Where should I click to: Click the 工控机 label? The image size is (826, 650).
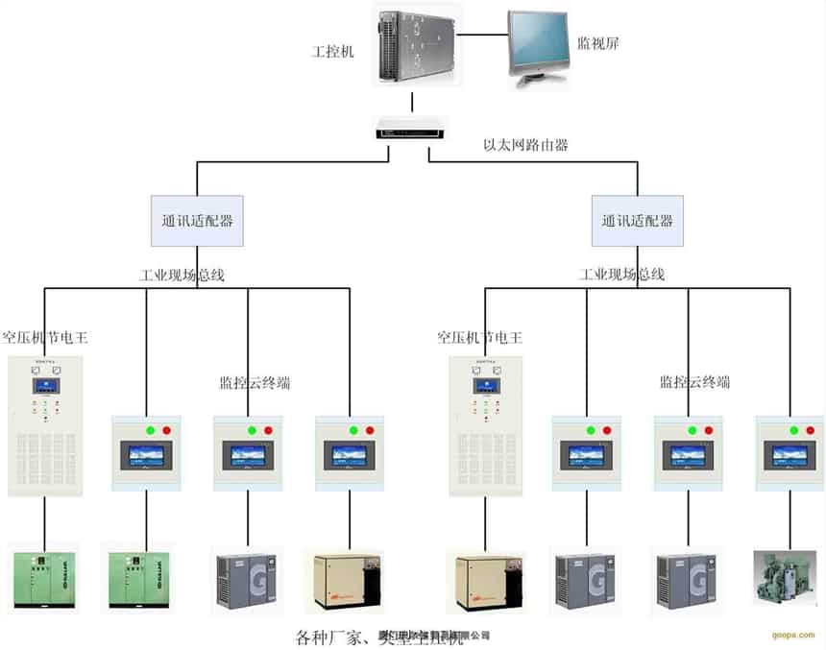coord(333,51)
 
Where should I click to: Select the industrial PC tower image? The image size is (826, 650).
coord(414,44)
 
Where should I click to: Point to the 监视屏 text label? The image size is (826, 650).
coord(597,43)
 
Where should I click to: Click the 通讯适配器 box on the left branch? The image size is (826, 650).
coord(197,221)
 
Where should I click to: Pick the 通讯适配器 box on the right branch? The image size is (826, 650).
coord(637,221)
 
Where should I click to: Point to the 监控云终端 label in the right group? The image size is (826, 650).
coord(694,382)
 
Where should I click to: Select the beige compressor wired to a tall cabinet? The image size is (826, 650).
coord(485,581)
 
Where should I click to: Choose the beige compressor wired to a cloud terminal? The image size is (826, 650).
coord(343,581)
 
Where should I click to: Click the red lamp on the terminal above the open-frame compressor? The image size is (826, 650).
coord(804,430)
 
